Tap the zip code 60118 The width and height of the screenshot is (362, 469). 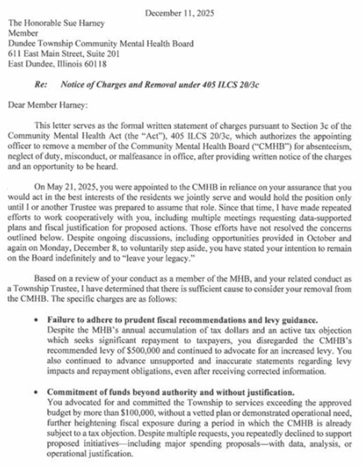[96, 64]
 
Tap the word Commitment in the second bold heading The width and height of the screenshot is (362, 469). [69, 393]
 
